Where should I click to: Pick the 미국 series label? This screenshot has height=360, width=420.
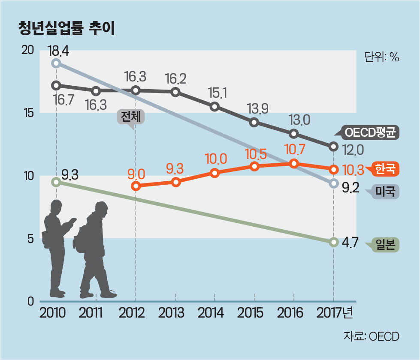pos(385,191)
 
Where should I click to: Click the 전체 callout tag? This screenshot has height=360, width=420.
pos(130,117)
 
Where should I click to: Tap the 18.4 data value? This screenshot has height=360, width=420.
pos(58,52)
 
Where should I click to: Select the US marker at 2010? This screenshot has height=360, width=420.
pos(56,63)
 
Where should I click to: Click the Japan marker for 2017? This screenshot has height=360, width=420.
pos(333,242)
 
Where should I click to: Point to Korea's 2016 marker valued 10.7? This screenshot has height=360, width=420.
pos(294,163)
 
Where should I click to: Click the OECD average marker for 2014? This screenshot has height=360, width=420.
pos(215,106)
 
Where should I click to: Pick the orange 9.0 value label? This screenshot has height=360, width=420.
pos(136,174)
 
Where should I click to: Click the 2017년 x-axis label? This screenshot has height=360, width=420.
pos(335,313)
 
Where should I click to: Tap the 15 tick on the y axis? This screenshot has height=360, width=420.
pos(27,113)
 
